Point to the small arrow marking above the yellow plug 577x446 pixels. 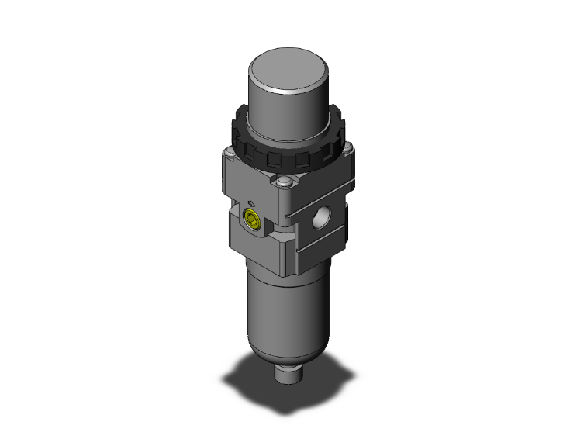tap(261, 199)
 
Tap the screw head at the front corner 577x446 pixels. tap(284, 184)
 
